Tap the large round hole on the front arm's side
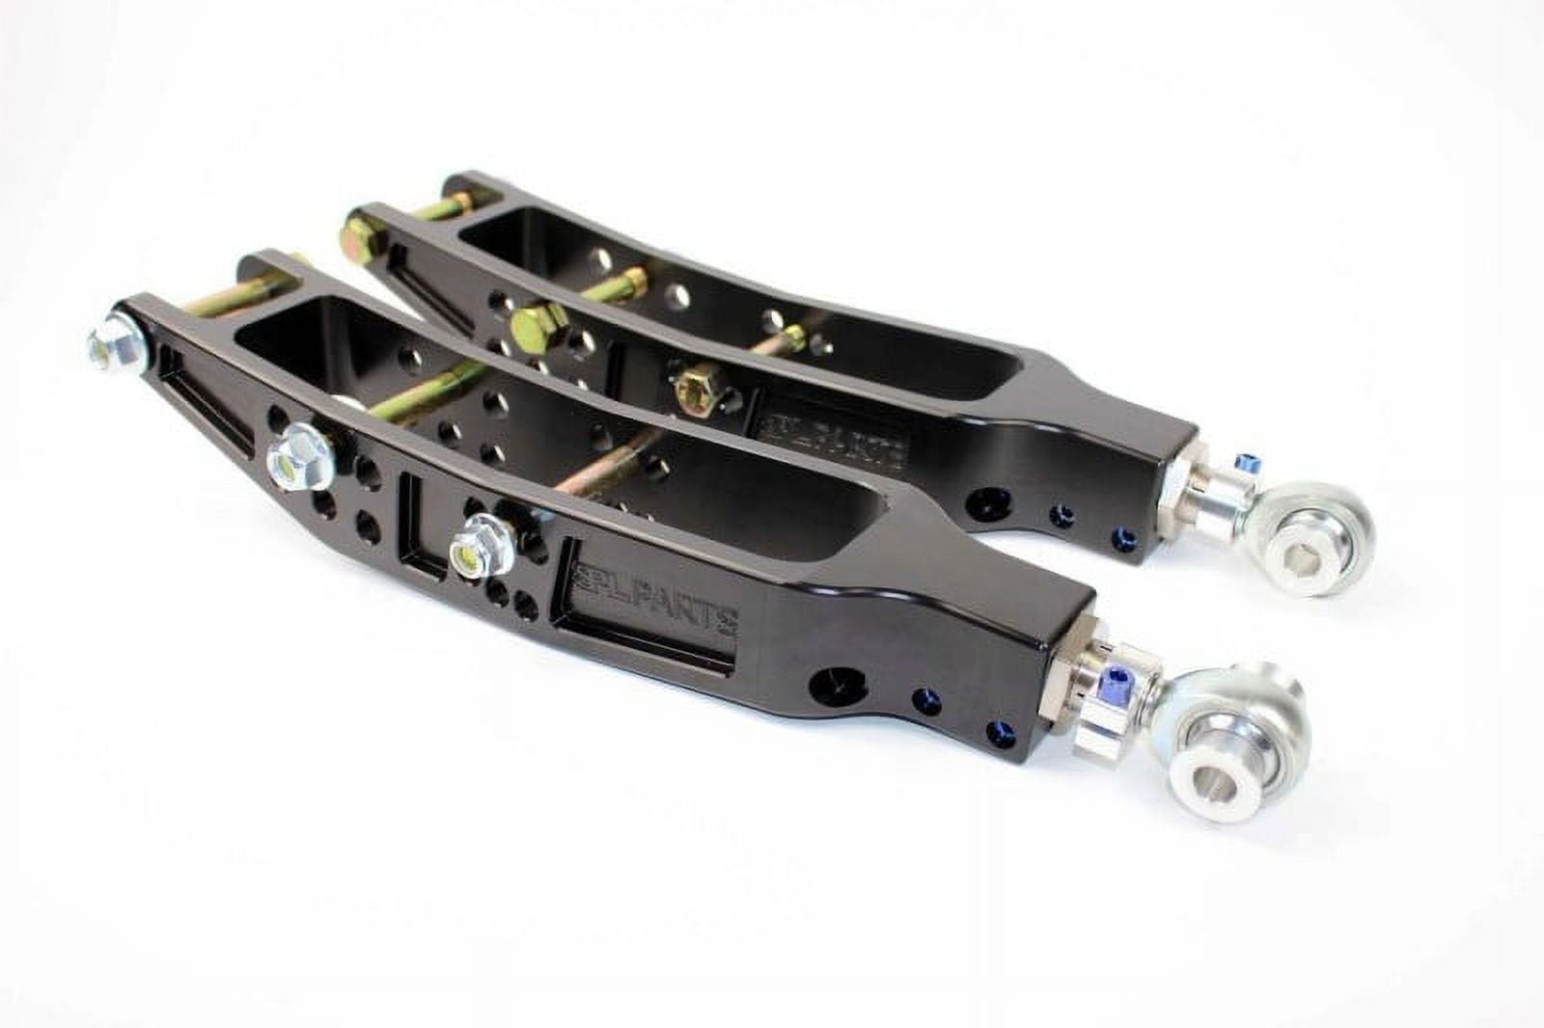click(828, 681)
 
